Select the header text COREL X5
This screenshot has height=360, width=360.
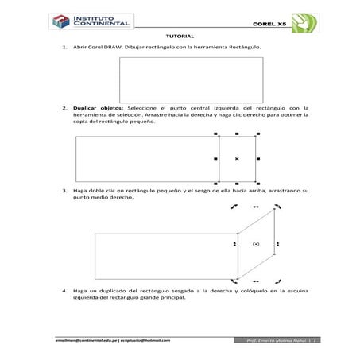pos(269,25)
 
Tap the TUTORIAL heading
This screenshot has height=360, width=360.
pos(180,37)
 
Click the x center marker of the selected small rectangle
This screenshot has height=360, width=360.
pos(237,160)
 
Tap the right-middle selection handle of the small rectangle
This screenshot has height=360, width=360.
pos(256,160)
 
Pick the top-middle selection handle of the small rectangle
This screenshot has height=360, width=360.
pos(237,135)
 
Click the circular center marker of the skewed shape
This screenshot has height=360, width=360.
pos(255,244)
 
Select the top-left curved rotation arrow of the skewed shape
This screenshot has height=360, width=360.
pos(234,206)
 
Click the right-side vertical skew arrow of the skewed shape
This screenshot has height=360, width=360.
pos(275,244)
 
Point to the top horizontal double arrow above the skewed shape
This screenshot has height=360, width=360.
pos(255,206)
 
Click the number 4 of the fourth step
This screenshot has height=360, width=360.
pos(64,292)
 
